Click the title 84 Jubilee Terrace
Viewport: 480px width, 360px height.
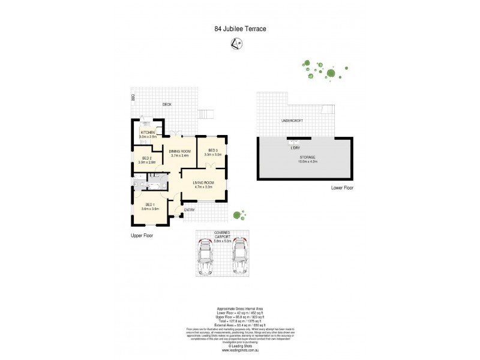coord(239,28)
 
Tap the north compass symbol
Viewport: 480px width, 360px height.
coord(239,43)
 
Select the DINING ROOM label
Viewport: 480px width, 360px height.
coord(179,153)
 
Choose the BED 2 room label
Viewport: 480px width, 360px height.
coord(147,160)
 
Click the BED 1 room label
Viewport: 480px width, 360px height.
coord(150,206)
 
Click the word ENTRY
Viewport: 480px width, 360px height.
coord(190,210)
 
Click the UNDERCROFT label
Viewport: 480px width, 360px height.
coord(292,121)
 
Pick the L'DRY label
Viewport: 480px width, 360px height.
coord(295,148)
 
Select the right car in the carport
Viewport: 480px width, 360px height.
coord(240,256)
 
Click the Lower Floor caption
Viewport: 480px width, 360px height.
coord(342,188)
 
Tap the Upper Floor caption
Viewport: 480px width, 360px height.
coord(142,236)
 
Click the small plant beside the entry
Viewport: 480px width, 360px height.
coord(239,214)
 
